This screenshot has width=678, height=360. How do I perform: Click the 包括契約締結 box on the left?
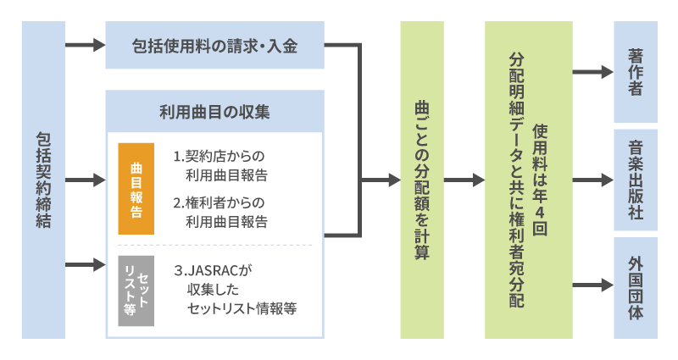point(43,180)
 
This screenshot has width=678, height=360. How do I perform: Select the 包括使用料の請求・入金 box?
point(214,45)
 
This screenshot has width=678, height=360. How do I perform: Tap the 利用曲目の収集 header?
point(214,111)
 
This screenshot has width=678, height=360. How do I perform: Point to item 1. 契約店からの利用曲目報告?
point(220,166)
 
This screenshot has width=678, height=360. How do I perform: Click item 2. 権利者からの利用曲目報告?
point(220,213)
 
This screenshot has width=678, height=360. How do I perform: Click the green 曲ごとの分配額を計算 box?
point(422,180)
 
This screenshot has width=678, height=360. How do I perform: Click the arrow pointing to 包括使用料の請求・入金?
point(84,45)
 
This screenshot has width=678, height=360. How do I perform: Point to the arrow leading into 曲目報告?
point(84,180)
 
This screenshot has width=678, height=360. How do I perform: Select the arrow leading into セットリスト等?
point(84,265)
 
